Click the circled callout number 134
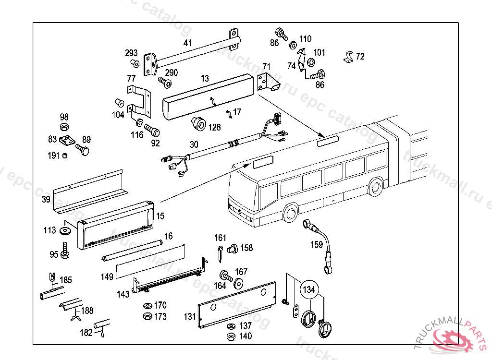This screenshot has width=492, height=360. click(x=309, y=289)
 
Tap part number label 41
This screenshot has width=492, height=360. click(x=187, y=43)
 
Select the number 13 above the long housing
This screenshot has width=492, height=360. click(x=205, y=79)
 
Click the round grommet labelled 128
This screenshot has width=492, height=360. click(x=198, y=124)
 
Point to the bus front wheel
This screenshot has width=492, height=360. click(x=290, y=212)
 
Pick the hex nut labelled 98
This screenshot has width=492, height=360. click(x=64, y=127)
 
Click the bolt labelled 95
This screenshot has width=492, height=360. click(x=65, y=251)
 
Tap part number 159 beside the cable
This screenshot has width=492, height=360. click(x=317, y=245)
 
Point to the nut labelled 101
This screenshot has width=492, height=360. click(x=310, y=62)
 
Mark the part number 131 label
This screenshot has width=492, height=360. click(x=190, y=316)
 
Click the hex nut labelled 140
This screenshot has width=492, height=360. click(x=231, y=336)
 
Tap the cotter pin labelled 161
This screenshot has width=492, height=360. click(x=219, y=253)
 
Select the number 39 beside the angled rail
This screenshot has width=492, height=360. click(x=46, y=199)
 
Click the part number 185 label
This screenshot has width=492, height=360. click(x=66, y=280)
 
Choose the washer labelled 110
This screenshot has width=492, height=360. click(x=293, y=45)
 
